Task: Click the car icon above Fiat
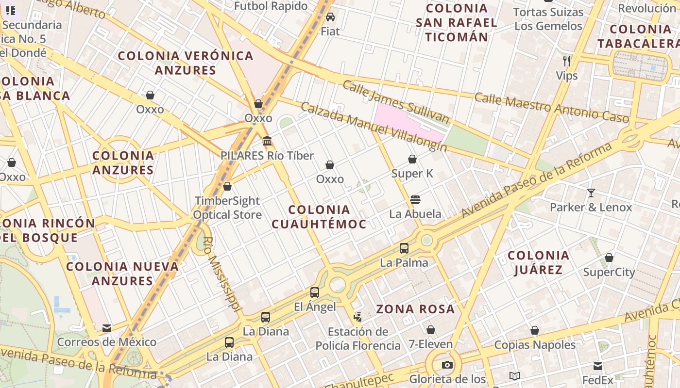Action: pos(330,17)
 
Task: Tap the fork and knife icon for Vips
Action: pos(566,61)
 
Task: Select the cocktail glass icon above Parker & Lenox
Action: pos(591,193)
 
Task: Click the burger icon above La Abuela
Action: pos(415,199)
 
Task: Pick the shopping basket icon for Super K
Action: pos(412,159)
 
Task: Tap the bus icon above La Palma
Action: pos(404,248)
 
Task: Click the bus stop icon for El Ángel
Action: pos(315,292)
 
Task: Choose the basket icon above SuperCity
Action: pos(609,258)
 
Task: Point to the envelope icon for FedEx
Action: pos(598,366)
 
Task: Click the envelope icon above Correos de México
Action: pos(107,328)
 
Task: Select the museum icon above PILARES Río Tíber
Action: pos(267,141)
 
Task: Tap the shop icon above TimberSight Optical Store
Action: pos(227,186)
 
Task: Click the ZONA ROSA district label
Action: pos(415,309)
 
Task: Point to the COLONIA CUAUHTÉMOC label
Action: pos(319,217)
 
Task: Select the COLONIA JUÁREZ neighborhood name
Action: pos(538,262)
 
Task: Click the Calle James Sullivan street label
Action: pos(396,101)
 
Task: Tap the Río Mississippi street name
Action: pos(222,274)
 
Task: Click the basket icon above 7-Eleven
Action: pos(430,330)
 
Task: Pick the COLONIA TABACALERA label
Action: pos(640,36)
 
